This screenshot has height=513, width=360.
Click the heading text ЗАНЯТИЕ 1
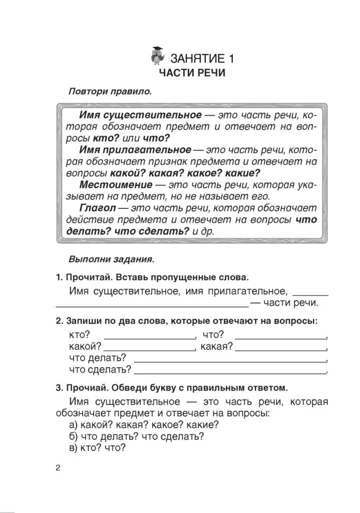(202, 58)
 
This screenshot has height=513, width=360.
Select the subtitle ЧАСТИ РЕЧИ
(192, 74)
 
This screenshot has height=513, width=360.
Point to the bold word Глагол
(96, 207)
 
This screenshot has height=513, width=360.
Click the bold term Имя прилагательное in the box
(135, 149)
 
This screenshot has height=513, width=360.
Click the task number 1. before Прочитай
(59, 278)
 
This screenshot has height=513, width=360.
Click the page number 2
(58, 468)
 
